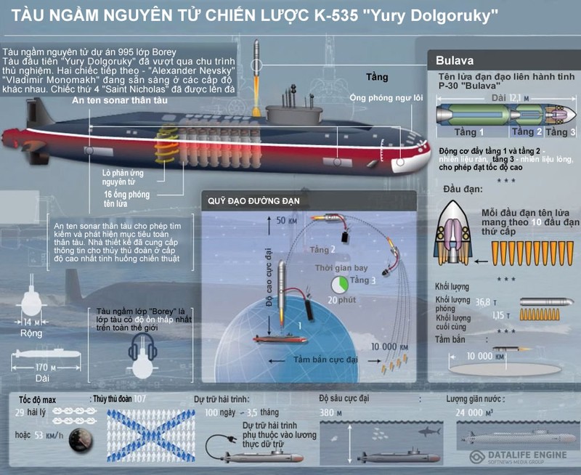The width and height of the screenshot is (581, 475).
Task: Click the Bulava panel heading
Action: click(455, 60)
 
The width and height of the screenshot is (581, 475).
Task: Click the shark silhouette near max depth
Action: click(431, 431)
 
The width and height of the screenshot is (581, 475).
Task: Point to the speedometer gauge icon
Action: click(80, 439)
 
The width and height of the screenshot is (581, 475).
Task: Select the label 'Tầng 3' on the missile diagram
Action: click(561, 132)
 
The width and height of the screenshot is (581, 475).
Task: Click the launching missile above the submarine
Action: click(255, 58)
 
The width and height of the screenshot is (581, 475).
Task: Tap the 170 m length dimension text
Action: click(45, 367)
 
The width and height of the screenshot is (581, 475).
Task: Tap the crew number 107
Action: click(140, 399)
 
